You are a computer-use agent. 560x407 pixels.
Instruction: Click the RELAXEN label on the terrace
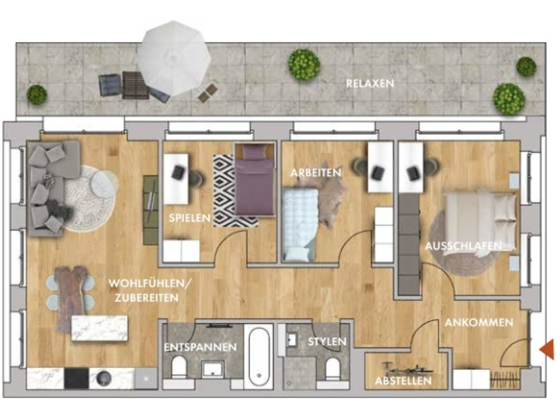[370, 84]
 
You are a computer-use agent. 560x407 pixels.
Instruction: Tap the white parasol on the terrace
[174, 58]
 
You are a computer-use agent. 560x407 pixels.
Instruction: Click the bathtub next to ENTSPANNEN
[259, 356]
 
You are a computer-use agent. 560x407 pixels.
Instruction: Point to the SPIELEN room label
[190, 218]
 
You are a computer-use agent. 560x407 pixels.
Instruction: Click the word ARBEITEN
[316, 173]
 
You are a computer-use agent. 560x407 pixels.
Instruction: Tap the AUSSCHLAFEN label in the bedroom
[463, 246]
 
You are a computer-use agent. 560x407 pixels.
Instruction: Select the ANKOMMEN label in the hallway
[479, 323]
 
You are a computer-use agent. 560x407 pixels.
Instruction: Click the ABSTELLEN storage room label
[403, 381]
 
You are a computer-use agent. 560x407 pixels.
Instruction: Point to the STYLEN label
[327, 342]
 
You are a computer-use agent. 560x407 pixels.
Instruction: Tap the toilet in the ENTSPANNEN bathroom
[179, 366]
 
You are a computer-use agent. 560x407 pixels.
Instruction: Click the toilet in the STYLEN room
[333, 369]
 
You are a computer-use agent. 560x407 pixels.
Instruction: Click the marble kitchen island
[99, 328]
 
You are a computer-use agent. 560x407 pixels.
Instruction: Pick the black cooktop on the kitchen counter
[76, 378]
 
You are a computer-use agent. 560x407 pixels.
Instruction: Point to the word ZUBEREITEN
[147, 298]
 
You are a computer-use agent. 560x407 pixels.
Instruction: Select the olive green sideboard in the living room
[150, 210]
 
